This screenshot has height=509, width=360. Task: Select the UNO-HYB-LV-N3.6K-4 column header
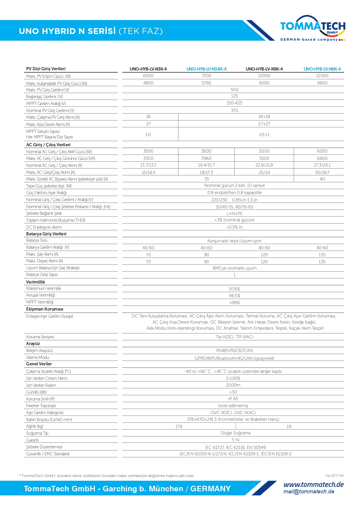(x=206, y=69)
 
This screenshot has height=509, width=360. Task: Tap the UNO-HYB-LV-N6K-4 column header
(x=322, y=69)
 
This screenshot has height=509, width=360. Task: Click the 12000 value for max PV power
(x=322, y=76)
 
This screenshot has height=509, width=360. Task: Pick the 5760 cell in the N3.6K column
(x=206, y=83)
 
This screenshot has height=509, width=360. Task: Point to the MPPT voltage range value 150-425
(x=234, y=103)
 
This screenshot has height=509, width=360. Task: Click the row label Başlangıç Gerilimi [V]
(x=44, y=97)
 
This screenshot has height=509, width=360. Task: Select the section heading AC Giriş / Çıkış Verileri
(x=48, y=145)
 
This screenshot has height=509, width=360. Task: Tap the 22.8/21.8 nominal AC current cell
(x=264, y=165)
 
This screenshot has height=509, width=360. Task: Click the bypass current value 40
(x=322, y=179)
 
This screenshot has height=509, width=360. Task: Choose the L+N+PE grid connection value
(x=234, y=214)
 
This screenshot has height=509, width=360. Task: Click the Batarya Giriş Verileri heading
(x=46, y=234)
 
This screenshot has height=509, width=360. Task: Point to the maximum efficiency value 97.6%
(x=234, y=289)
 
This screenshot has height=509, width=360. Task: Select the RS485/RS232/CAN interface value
(x=234, y=351)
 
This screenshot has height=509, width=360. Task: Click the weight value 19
(x=289, y=427)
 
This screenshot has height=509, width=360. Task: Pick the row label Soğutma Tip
(x=37, y=433)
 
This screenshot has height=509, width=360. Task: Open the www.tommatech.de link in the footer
(x=313, y=485)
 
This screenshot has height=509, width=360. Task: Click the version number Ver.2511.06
(x=334, y=476)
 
